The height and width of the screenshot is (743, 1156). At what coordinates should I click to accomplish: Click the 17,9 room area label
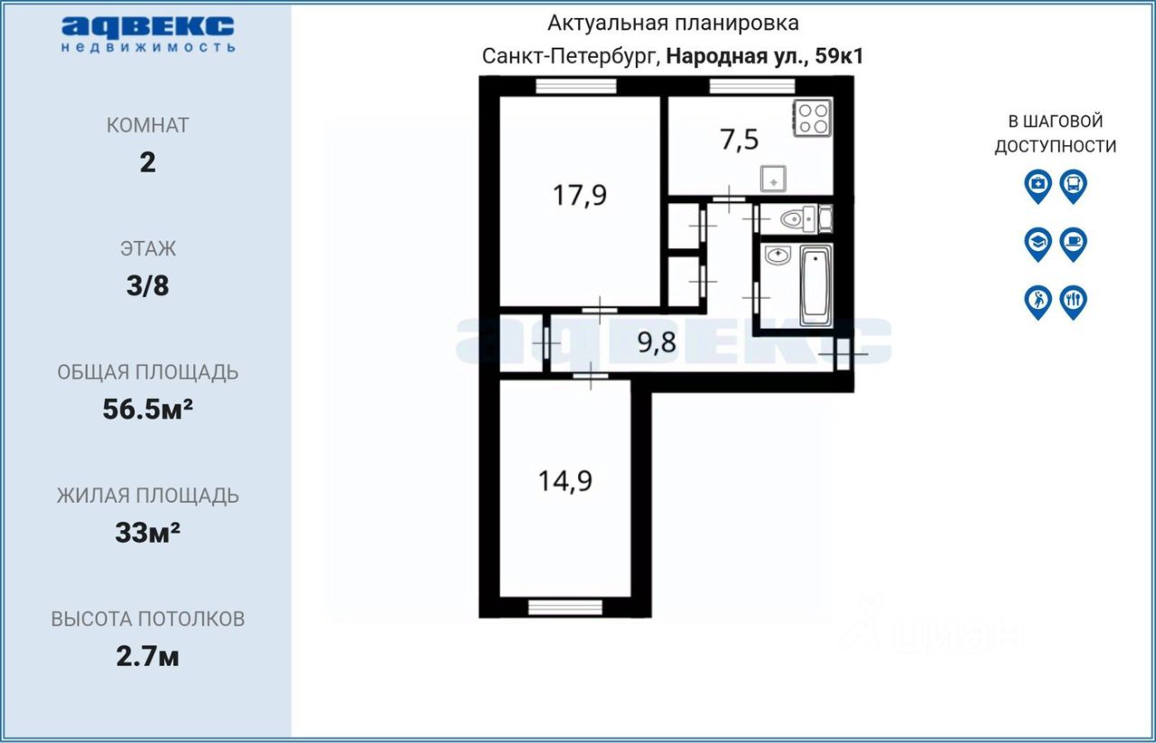(x=580, y=196)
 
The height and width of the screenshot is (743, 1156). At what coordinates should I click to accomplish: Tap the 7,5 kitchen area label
(x=739, y=139)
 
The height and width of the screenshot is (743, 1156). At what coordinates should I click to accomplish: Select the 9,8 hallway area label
(x=657, y=342)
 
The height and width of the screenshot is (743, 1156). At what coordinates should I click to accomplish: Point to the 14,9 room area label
(x=565, y=481)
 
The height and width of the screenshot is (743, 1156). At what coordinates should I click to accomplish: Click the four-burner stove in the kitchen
(x=812, y=118)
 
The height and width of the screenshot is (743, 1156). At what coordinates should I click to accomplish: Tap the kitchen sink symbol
(x=773, y=179)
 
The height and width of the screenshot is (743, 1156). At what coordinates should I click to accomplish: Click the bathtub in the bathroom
(x=816, y=286)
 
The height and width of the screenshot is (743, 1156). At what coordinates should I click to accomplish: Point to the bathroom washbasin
(x=778, y=255)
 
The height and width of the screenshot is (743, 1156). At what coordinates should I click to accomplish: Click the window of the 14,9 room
(x=565, y=608)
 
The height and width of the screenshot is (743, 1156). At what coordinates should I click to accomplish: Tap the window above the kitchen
(x=752, y=86)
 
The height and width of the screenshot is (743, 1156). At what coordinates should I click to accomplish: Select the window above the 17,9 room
(x=576, y=86)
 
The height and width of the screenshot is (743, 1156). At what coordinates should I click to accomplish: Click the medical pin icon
(x=1038, y=186)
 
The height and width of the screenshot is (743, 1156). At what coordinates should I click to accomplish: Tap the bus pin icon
(x=1074, y=186)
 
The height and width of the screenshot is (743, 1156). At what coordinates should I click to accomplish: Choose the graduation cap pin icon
(x=1038, y=244)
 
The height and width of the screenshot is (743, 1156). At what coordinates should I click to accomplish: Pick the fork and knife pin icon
(x=1074, y=302)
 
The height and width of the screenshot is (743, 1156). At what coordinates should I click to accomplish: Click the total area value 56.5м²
(x=147, y=410)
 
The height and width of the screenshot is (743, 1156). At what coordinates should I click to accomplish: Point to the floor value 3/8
(x=147, y=286)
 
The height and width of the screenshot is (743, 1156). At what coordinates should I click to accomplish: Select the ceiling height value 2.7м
(x=147, y=657)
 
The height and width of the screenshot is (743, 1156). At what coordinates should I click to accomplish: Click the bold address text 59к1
(x=839, y=56)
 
